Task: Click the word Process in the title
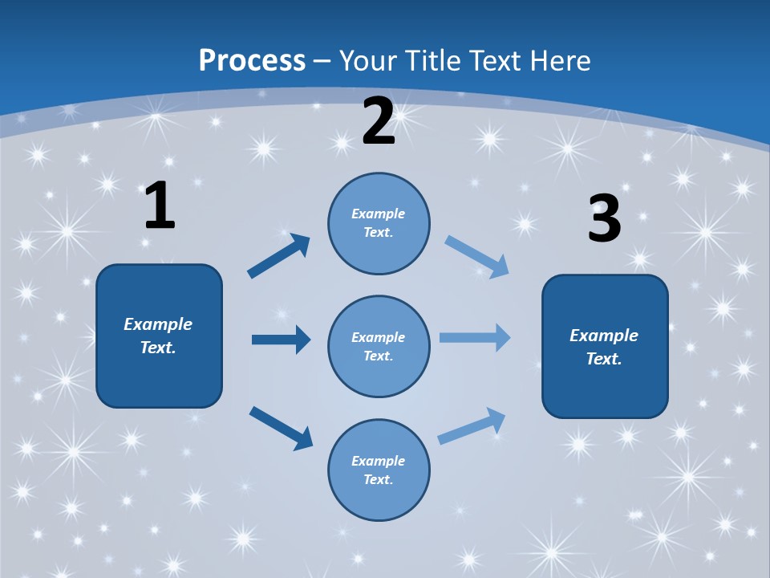coord(252,61)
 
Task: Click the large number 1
coord(160,206)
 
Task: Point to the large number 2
coord(379,121)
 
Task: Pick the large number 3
coord(604,219)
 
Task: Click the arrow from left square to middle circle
coord(281,340)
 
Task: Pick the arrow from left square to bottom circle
coord(281,428)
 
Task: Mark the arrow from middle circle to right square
coord(475,337)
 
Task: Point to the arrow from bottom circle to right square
coord(472,425)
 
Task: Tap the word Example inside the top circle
coord(379,214)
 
